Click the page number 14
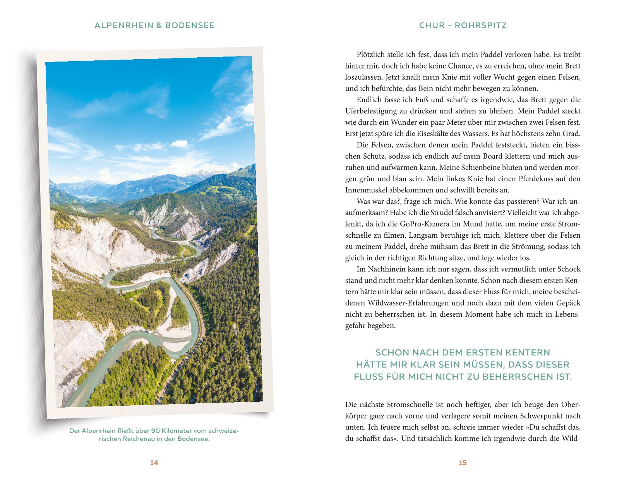click(x=154, y=463)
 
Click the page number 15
click(x=463, y=463)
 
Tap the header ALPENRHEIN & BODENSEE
click(x=154, y=26)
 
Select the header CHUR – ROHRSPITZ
click(x=463, y=26)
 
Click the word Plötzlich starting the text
click(x=372, y=55)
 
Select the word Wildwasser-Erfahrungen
click(x=413, y=303)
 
